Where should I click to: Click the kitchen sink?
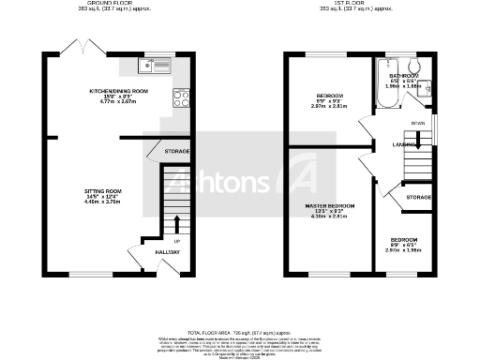150,65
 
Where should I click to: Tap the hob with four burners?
180,97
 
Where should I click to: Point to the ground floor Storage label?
176,151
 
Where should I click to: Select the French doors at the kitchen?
77,47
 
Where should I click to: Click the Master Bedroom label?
328,205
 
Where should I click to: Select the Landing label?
404,143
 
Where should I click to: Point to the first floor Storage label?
418,198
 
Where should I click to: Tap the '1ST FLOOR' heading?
357,4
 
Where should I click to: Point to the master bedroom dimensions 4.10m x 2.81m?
328,217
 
